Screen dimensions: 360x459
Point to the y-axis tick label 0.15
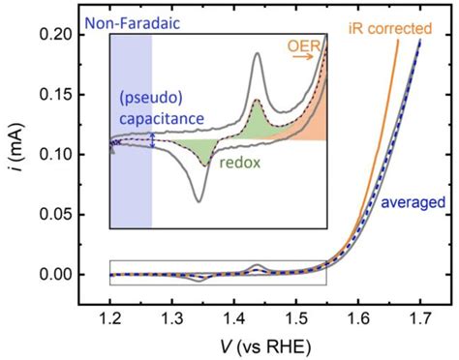66,94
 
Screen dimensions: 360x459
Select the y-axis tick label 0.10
66,154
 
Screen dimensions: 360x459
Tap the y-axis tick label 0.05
66,214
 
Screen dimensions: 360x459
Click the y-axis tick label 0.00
66,275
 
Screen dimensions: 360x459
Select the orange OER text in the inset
305,44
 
